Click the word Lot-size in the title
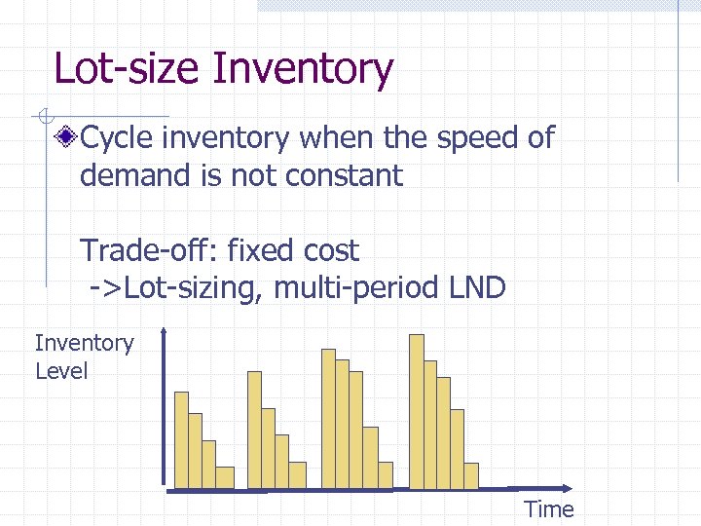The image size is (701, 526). pos(128,69)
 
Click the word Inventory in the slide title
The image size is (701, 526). pos(303,70)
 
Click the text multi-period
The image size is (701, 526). pos(349,288)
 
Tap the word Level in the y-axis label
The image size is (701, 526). pos(60,371)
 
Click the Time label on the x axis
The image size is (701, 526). pos(549,508)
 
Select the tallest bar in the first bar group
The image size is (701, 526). pos(181,438)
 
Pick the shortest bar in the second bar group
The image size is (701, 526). pos(297,474)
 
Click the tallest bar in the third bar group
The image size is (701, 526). pos(328,418)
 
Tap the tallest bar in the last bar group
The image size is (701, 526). pos(417,410)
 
